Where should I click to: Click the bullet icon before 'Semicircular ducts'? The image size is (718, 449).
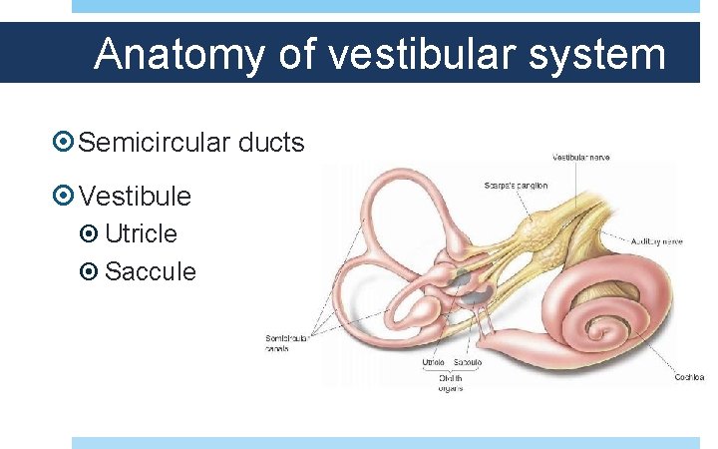[x=63, y=143]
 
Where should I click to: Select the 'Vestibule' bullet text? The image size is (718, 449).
[x=135, y=195]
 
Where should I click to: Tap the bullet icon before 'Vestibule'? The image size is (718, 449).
[x=63, y=195]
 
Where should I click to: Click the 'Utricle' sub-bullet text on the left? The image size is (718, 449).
[x=141, y=233]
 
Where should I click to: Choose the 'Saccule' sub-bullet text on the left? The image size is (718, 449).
[x=151, y=270]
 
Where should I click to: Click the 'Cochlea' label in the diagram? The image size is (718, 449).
[x=689, y=377]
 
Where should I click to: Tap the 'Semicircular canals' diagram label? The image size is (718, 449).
[x=286, y=343]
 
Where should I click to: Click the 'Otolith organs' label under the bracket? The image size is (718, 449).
[x=450, y=382]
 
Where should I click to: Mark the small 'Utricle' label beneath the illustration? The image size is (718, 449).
[x=432, y=363]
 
